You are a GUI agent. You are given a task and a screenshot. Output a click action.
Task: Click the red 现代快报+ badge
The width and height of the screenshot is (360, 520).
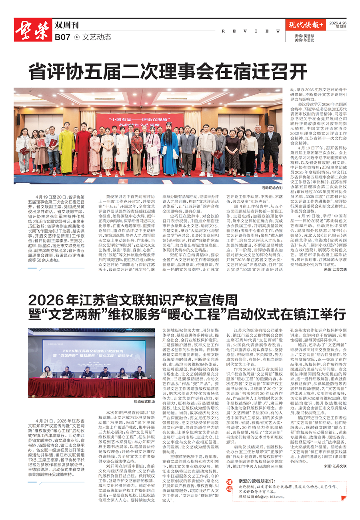point(307,25)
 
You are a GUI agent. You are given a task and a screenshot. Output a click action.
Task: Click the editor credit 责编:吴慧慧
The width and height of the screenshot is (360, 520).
point(304,36)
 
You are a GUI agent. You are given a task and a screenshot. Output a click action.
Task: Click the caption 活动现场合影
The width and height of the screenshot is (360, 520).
point(272,187)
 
